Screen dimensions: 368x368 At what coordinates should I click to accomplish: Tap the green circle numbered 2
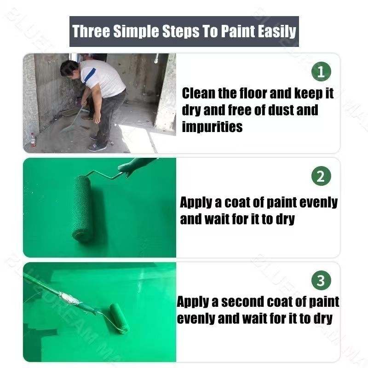tap(321, 176)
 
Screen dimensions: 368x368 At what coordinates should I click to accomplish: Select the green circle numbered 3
tap(321, 280)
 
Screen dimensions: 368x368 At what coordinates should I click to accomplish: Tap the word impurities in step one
tap(212, 126)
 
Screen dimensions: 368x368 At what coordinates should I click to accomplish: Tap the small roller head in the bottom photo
tap(119, 318)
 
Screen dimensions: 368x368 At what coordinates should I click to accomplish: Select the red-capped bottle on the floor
tap(33, 140)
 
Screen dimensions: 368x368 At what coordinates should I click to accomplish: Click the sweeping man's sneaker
tap(98, 147)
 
